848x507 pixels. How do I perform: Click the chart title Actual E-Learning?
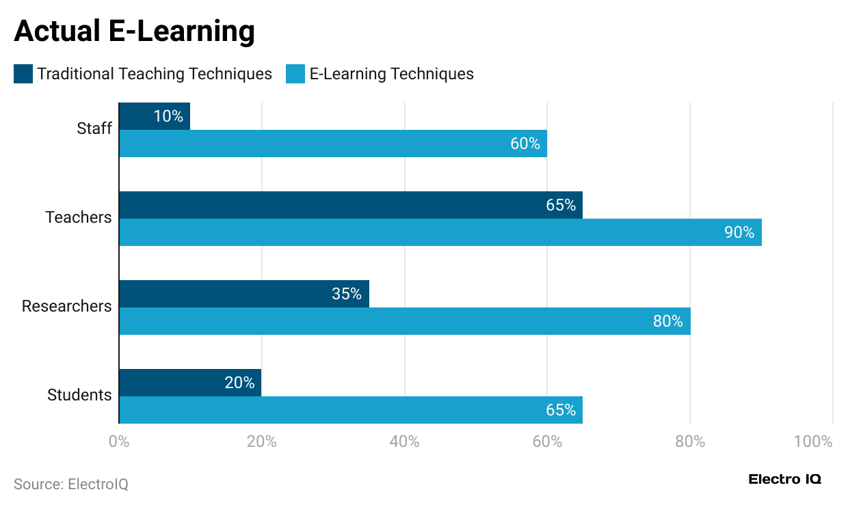(x=134, y=31)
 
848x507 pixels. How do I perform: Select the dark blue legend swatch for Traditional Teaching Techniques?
(x=23, y=74)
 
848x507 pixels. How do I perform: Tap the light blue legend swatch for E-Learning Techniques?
(x=295, y=74)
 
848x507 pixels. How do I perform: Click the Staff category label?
(x=94, y=128)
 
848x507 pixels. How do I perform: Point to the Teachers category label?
(x=78, y=217)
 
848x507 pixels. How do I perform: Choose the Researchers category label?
(x=66, y=306)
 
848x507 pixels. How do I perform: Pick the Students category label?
(x=79, y=395)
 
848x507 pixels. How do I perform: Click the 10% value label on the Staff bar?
(x=168, y=117)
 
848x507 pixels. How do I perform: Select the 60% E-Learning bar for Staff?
(x=333, y=144)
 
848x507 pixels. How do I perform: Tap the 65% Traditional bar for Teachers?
(x=351, y=205)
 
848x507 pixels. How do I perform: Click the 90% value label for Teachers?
(x=739, y=233)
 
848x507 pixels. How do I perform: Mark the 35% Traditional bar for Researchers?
(x=244, y=294)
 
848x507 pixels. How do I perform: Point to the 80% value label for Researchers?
(x=667, y=321)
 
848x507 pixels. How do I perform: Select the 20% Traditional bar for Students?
(x=190, y=383)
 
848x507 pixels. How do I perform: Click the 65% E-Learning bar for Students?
(x=351, y=410)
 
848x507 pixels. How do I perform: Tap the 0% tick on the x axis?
(x=119, y=441)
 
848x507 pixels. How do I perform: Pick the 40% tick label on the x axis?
(x=404, y=441)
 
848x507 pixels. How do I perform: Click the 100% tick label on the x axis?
(x=813, y=441)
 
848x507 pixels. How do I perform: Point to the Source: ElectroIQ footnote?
(x=71, y=484)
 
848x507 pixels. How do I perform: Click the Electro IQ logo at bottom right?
(x=785, y=479)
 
